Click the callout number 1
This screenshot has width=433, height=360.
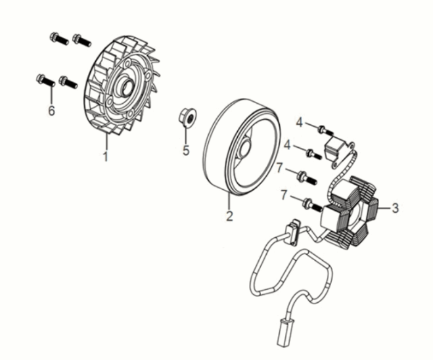click(106, 156)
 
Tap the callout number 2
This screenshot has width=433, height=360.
click(229, 215)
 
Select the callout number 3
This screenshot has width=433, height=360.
click(395, 208)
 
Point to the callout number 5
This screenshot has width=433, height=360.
click(186, 150)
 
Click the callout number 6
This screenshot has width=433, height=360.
click(51, 110)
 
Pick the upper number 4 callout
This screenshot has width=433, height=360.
click(300, 122)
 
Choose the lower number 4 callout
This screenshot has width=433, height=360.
click(288, 145)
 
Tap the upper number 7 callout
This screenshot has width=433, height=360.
click(279, 168)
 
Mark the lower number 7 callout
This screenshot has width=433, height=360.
click(284, 195)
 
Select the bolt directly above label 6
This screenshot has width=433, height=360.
click(45, 80)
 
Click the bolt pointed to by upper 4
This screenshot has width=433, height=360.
click(326, 130)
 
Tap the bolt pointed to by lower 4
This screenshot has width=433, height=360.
click(314, 154)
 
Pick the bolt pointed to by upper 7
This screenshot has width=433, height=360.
click(307, 178)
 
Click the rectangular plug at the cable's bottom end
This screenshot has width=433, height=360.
click(286, 332)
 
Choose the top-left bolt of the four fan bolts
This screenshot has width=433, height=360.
click(59, 39)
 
